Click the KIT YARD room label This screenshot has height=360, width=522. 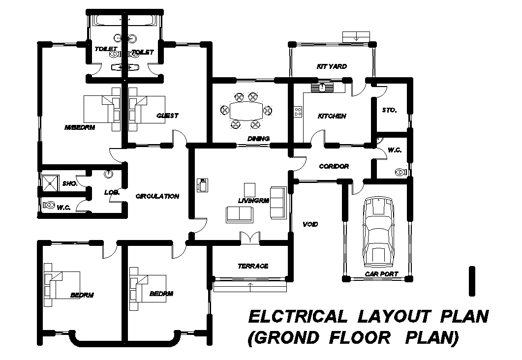[x=332, y=66]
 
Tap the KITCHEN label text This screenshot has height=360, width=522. [x=332, y=116]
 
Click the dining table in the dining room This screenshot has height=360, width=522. [x=246, y=110]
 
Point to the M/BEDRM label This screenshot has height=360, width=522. [x=79, y=127]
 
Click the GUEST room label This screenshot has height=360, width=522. [x=167, y=116]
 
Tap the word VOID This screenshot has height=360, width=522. [x=310, y=224]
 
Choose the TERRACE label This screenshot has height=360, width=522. [x=253, y=266]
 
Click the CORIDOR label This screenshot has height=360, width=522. [x=334, y=166]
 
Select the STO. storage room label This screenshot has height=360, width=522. [x=389, y=110]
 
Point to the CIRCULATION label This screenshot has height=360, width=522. [x=157, y=196]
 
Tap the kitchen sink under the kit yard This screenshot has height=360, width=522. [x=322, y=88]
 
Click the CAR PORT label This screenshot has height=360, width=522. [x=381, y=274]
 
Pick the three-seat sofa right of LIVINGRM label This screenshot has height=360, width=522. [x=278, y=202]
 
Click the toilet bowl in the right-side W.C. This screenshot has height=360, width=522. [x=400, y=172]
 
